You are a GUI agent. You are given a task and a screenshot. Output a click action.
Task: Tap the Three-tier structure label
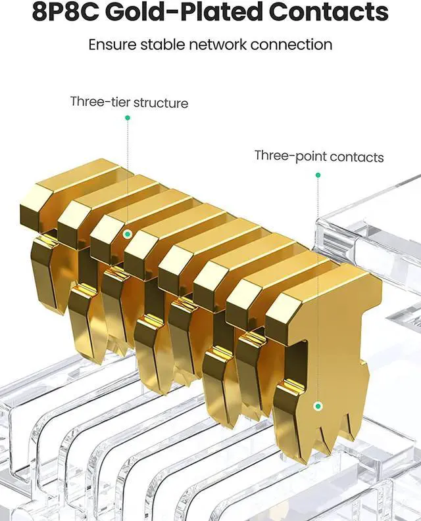tap(129, 102)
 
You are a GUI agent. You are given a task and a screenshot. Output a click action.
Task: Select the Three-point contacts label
tap(319, 156)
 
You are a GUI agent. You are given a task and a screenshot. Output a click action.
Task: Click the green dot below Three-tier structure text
tap(127, 118)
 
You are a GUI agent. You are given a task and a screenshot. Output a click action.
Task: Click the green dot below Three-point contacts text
tap(318, 175)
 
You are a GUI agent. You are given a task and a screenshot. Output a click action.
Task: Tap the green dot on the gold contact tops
tap(128, 233)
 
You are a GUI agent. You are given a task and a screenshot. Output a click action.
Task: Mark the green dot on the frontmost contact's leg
tap(318, 407)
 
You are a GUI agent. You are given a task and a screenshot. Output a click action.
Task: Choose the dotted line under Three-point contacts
tap(318, 289)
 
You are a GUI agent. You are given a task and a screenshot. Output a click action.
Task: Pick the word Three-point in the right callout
tap(291, 156)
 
